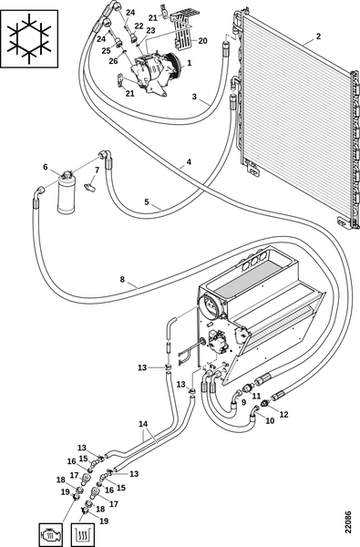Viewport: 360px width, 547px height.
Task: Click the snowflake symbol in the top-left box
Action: tap(28, 38)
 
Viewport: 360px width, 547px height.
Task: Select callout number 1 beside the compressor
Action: tap(189, 63)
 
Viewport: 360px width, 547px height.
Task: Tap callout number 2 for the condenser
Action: tap(318, 36)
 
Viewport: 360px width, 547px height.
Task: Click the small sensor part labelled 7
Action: tap(89, 184)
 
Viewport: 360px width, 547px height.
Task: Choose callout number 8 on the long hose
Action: tap(122, 279)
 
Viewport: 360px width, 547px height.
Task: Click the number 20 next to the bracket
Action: tap(202, 41)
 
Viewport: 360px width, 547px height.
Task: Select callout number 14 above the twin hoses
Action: tap(143, 424)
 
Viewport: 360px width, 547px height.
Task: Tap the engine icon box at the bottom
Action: tap(51, 534)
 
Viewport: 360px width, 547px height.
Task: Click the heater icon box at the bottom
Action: tap(83, 534)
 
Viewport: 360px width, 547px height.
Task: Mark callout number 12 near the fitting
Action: tap(284, 414)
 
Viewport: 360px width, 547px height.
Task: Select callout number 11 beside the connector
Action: tap(256, 396)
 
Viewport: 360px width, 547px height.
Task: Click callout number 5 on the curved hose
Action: tap(147, 201)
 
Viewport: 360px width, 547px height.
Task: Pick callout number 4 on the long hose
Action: tap(189, 162)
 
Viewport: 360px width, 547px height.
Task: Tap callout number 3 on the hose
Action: tap(194, 97)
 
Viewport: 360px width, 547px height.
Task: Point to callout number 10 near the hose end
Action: tap(270, 420)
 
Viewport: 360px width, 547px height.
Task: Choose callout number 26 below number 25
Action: tap(113, 61)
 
